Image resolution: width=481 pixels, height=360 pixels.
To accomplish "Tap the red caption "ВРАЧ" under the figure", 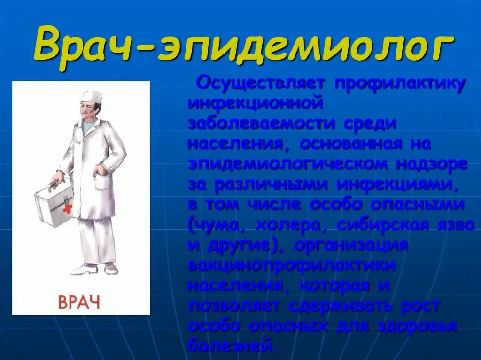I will [79, 301].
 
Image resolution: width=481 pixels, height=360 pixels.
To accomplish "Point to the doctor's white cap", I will [91, 97].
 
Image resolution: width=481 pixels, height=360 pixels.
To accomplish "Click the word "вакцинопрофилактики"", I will [291, 265].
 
